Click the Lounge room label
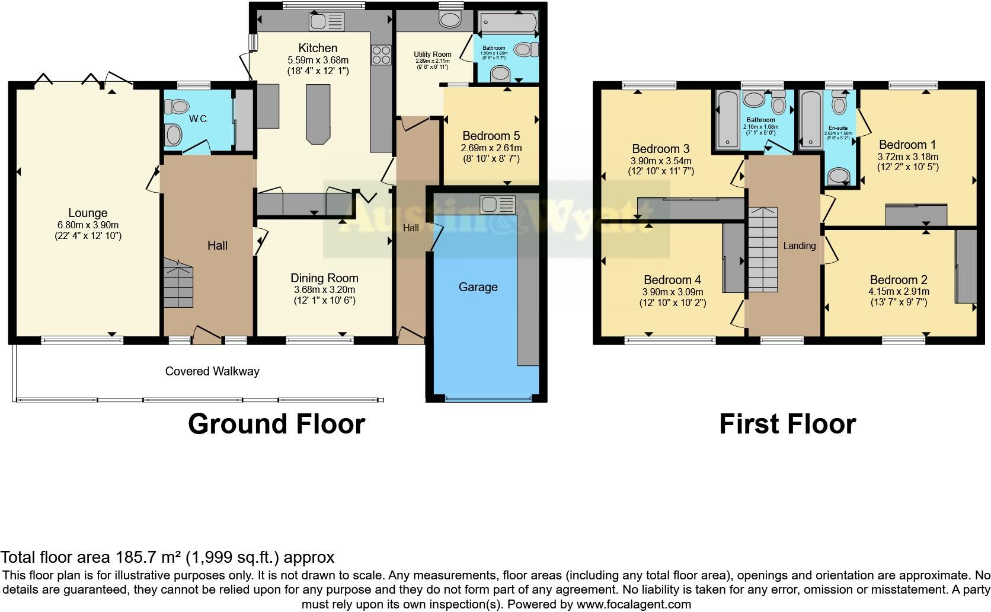click(88, 213)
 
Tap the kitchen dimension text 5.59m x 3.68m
click(318, 60)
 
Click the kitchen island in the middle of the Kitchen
click(318, 113)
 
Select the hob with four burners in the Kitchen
click(381, 55)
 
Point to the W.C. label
click(199, 119)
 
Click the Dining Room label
click(324, 278)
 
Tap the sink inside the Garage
click(498, 205)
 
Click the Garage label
click(478, 287)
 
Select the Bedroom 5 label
click(491, 135)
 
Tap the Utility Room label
click(433, 55)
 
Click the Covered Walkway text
click(212, 371)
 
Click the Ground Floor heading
click(276, 424)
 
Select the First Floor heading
click(787, 424)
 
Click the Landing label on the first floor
click(800, 246)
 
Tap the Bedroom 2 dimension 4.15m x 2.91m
click(899, 291)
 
